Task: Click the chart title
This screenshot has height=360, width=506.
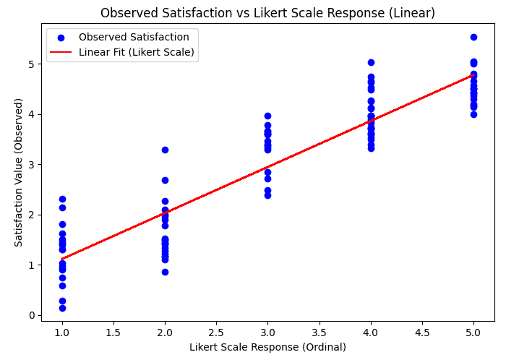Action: click(x=267, y=13)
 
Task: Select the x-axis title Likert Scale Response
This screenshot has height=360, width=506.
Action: click(x=267, y=347)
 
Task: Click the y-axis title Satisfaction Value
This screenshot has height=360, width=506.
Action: click(x=19, y=172)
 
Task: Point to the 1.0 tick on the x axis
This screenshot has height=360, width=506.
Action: click(x=62, y=333)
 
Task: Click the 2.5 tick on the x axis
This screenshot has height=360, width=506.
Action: click(x=216, y=333)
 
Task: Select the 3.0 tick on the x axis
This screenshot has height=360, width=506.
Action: click(x=267, y=333)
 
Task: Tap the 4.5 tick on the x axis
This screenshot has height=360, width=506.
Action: click(x=422, y=333)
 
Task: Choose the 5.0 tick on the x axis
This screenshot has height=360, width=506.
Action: click(x=473, y=333)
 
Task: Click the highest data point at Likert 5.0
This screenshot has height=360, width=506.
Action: click(x=473, y=37)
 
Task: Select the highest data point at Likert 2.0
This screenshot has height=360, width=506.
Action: click(x=165, y=150)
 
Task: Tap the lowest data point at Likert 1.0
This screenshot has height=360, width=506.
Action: click(x=62, y=308)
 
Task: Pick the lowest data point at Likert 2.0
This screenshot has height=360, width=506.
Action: click(x=165, y=272)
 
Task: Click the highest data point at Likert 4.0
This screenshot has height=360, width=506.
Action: click(x=371, y=62)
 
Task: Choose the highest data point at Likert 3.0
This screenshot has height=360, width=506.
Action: click(x=267, y=116)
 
